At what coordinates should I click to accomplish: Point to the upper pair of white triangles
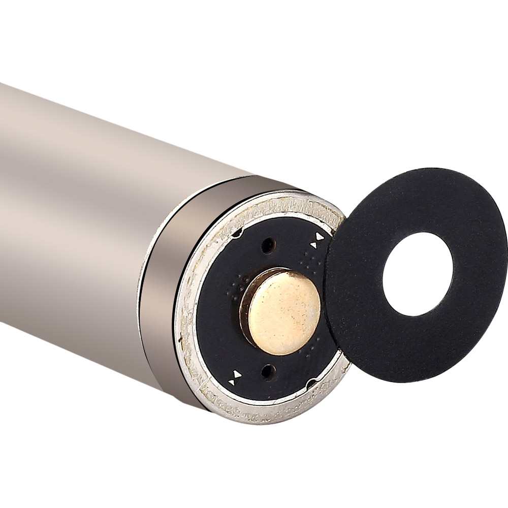click(317, 240)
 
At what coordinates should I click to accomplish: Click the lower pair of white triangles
click(235, 377)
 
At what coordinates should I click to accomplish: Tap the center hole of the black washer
click(418, 274)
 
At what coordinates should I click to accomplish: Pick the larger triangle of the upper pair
click(320, 237)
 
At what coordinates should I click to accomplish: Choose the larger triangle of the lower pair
click(236, 375)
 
